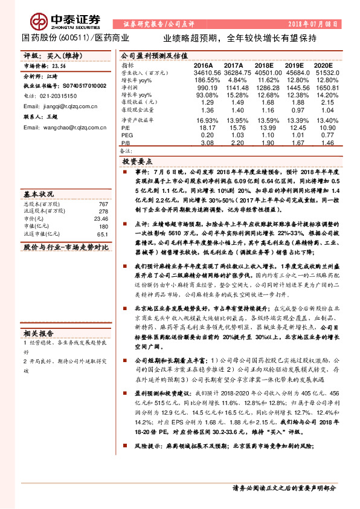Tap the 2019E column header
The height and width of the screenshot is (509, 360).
click(x=294, y=65)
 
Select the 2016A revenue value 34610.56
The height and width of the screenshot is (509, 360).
click(x=201, y=72)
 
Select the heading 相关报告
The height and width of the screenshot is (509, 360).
click(x=39, y=332)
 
